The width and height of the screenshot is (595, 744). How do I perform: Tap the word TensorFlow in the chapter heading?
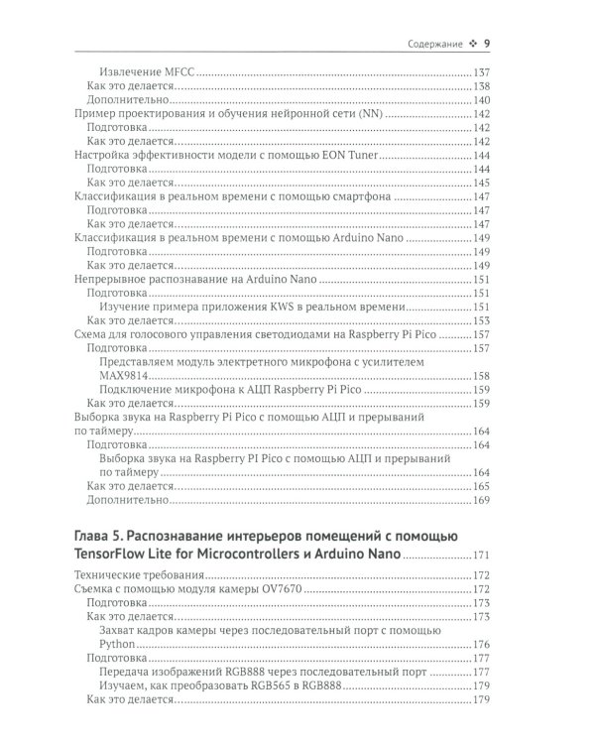tap(117, 556)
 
